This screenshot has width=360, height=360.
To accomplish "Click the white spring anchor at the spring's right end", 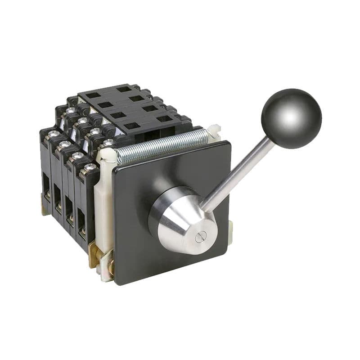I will tap(215, 130).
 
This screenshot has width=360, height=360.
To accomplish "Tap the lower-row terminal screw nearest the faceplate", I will tap(90, 167).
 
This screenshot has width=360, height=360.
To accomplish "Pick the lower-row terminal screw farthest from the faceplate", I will tap(53, 134).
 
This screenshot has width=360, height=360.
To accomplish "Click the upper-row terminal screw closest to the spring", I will tap(108, 143).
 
